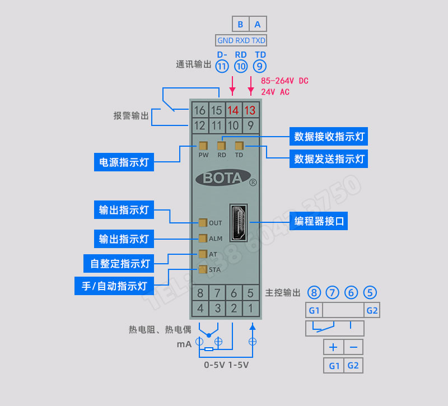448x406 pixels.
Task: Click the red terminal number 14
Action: pos(233,110)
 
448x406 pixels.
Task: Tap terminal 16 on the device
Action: pos(199,110)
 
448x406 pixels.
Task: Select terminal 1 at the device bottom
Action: pos(250,307)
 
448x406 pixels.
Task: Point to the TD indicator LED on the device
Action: pos(239,145)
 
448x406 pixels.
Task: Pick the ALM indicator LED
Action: pos(202,238)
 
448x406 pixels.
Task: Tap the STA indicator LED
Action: pos(202,269)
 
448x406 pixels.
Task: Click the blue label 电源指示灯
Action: pos(124,162)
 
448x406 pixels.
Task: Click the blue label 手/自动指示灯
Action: pos(114,286)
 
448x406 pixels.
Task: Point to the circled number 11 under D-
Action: pos(222,66)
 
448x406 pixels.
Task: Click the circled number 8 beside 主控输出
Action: pos(315,292)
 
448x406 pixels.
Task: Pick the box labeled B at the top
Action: pos(240,24)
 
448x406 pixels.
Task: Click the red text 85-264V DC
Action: pos(284,81)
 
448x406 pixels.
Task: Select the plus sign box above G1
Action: pos(333,347)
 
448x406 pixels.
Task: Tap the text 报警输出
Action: pos(132,116)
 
